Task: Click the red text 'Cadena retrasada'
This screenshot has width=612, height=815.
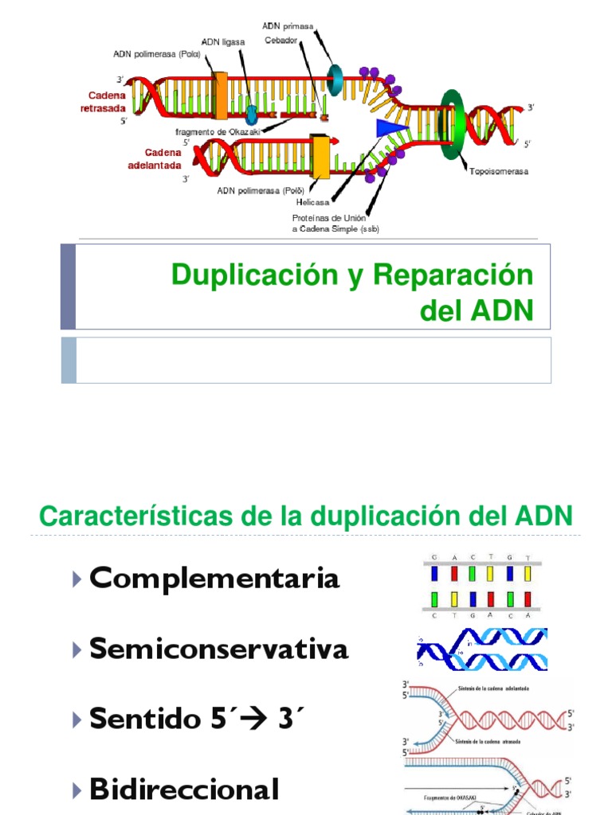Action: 103,102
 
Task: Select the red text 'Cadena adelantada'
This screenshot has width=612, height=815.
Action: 155,158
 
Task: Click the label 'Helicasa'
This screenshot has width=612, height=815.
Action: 313,202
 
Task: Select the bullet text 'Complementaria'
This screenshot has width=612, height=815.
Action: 214,579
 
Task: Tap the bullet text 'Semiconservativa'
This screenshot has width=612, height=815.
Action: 219,649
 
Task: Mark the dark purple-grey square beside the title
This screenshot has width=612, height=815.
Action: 69,287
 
